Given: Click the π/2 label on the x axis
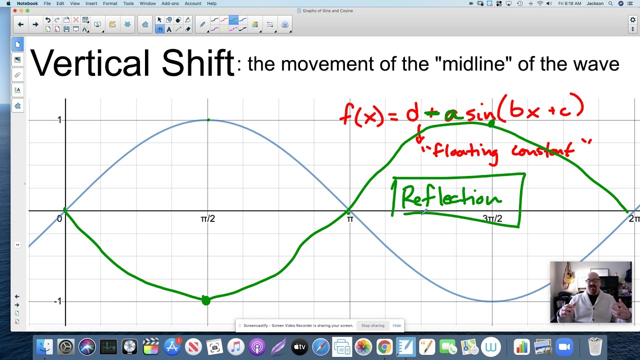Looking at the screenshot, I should click(x=207, y=219).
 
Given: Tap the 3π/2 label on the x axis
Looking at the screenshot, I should click(x=492, y=219).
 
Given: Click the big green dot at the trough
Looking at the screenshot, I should click(x=206, y=300).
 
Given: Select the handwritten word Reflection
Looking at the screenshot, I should click(x=451, y=197).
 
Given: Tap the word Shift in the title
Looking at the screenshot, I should click(x=198, y=63).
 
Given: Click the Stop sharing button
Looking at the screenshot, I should click(x=372, y=325).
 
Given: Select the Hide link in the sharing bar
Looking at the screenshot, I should click(x=396, y=325).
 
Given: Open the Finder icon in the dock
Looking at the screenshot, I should click(x=45, y=346).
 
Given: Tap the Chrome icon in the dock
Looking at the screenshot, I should click(x=384, y=346).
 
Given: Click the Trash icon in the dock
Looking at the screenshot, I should click(x=595, y=346).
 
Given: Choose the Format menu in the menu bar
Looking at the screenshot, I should click(x=110, y=3).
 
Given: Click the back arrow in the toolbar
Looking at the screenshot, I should click(x=20, y=24).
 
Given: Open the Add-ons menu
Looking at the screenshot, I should click(x=170, y=3).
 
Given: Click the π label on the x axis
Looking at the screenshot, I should click(x=350, y=219).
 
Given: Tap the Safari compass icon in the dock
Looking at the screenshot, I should click(x=320, y=346).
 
